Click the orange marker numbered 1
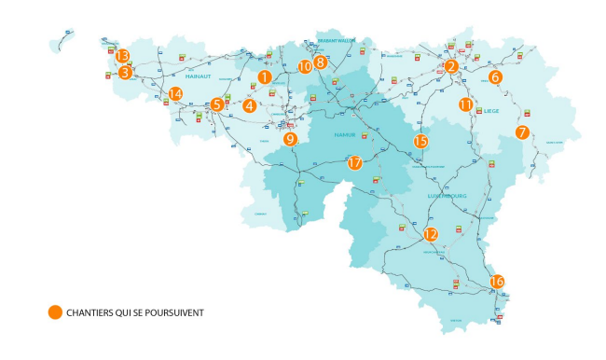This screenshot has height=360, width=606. coord(265,77)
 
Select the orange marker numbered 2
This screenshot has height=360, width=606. coord(451,65)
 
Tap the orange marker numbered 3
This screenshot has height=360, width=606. coord(124,71)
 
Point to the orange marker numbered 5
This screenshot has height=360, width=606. coord(216,104)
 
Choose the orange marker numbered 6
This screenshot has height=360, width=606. coord(495,77)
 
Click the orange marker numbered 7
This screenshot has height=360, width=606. coord(522,132)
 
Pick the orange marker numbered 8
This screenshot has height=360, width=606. coord(321,62)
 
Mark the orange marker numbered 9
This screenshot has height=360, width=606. coord(290,139)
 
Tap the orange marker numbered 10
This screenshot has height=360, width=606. coord(305,66)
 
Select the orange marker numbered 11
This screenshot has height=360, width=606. coord(465,105)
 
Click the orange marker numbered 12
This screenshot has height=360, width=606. coord(430,235)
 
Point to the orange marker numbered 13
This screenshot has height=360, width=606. coord(122,56)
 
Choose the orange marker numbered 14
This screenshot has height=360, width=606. coord(175,93)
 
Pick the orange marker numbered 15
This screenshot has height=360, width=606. coord(420,141)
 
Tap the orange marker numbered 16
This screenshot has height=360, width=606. coord(497,281)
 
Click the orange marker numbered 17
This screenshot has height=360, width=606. coord(354,162)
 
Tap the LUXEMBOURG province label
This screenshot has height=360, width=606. coord(447,197)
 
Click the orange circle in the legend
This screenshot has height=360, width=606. coord(55,312)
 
